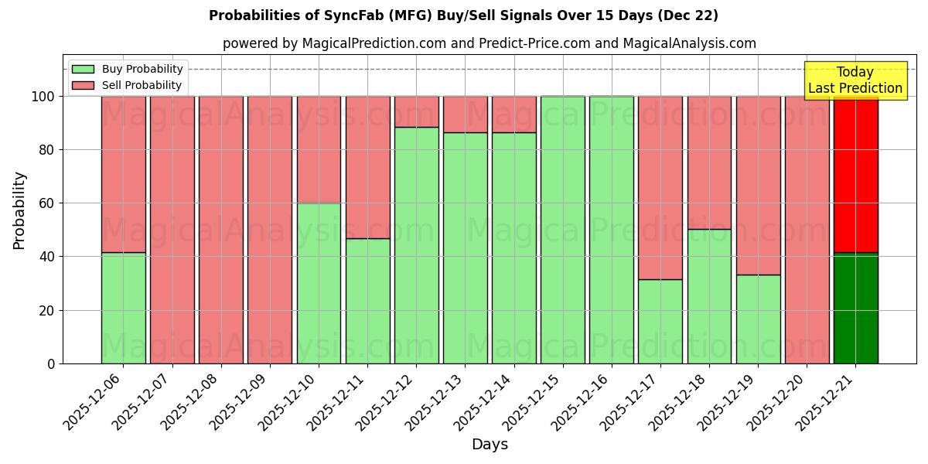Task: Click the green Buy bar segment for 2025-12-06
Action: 124,308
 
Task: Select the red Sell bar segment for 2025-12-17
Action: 660,187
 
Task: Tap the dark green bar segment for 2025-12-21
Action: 855,308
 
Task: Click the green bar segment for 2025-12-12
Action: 416,245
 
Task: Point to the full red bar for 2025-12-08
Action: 221,230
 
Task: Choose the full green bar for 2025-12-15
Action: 563,230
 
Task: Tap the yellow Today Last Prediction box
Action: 855,80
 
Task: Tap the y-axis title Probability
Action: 19,210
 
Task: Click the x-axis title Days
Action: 490,445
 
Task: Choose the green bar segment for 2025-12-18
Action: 709,296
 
